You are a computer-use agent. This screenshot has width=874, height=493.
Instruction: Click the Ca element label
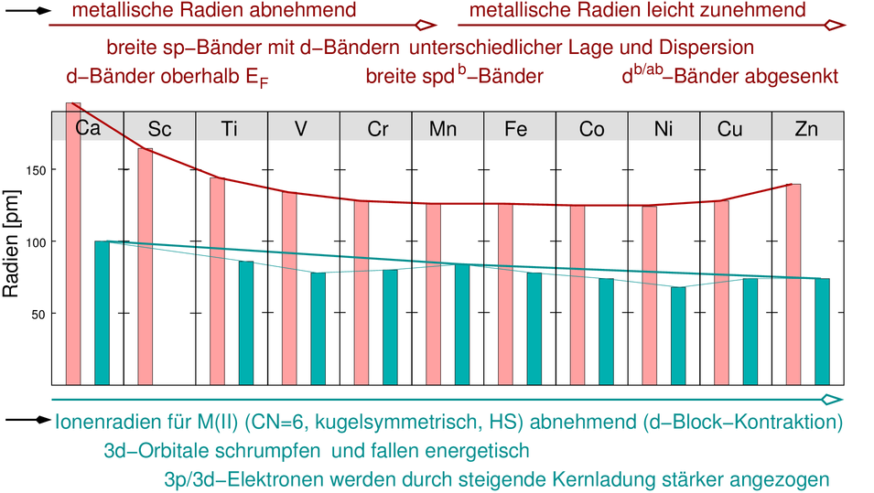pos(88,129)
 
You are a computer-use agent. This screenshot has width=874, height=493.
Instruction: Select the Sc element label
pos(159,129)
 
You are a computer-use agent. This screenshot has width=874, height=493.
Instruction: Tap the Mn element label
pos(443,129)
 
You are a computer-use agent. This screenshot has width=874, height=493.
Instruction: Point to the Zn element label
pos(806,129)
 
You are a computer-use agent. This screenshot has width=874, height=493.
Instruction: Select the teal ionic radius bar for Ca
pos(102,312)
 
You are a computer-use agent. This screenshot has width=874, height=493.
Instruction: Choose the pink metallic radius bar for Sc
pos(146,266)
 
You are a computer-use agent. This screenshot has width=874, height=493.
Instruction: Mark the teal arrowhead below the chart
pos(832,400)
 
